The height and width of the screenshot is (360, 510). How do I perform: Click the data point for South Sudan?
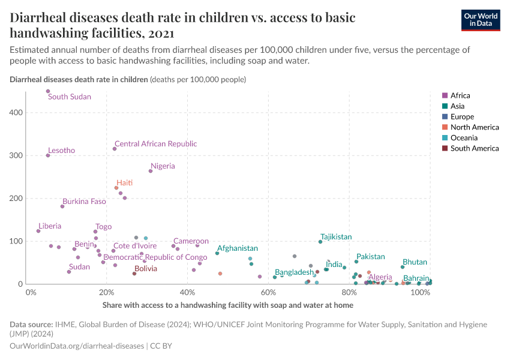tap(48, 91)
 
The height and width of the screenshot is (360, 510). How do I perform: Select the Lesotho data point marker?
tap(48, 155)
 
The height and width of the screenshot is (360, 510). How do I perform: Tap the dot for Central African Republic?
tap(115, 149)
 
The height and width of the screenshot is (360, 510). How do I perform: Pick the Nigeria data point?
tap(151, 171)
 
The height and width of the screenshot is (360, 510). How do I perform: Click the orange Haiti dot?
tap(116, 188)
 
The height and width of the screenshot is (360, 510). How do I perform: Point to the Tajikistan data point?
tap(320, 242)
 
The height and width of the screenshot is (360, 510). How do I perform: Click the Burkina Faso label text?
tap(84, 202)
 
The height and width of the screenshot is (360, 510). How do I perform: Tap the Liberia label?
tap(50, 226)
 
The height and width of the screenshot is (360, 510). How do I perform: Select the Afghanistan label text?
tap(238, 248)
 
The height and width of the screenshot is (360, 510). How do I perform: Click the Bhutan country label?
tap(415, 262)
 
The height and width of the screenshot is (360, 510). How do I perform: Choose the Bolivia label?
tap(146, 269)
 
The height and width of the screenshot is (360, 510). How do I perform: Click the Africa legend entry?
tap(460, 95)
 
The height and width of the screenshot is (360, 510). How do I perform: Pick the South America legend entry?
tap(474, 148)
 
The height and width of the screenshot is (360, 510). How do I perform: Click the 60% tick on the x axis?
tap(268, 293)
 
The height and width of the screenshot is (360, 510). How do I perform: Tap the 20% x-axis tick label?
tap(107, 293)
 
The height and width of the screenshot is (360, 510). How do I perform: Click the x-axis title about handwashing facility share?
tap(227, 305)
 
